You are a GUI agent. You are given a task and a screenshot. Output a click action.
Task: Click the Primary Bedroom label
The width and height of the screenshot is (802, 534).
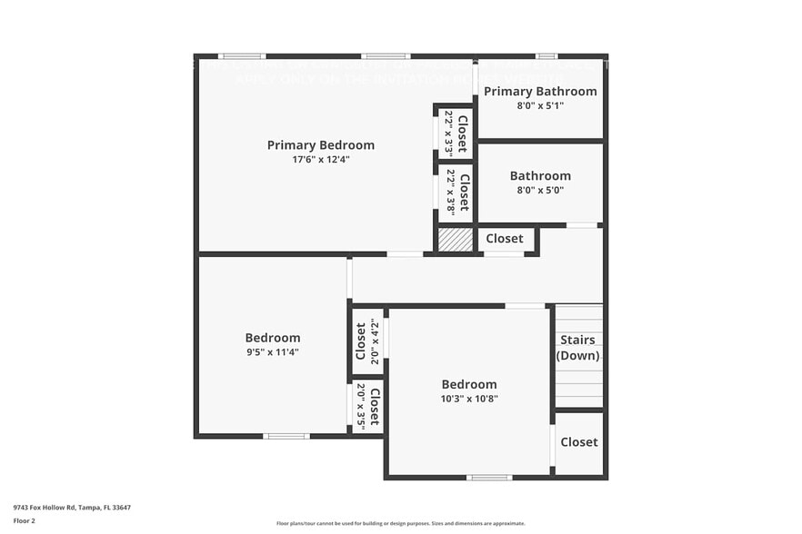tap(320, 145)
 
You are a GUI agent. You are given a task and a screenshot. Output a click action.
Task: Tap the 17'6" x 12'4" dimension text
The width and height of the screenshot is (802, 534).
tap(320, 159)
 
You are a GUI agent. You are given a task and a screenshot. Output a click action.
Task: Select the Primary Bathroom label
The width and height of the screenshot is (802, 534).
tap(540, 92)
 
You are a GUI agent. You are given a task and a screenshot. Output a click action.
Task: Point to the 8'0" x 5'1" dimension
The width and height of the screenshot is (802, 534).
tap(540, 105)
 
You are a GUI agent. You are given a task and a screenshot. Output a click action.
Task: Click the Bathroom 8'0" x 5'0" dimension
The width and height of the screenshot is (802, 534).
tap(540, 191)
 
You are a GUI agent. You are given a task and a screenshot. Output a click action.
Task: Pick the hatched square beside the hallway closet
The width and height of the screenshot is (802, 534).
tap(456, 240)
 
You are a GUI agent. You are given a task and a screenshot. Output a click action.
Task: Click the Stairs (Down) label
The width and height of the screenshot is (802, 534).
tap(577, 348)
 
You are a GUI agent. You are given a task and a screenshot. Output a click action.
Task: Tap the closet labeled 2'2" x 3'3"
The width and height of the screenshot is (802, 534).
tap(456, 133)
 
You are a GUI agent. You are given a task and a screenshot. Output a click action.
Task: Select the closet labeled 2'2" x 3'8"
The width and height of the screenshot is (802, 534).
tap(456, 192)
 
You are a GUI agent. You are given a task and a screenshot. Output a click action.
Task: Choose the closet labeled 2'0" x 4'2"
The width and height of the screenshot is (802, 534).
tap(367, 341)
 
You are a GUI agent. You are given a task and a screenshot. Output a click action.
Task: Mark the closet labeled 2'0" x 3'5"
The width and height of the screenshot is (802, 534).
tap(367, 405)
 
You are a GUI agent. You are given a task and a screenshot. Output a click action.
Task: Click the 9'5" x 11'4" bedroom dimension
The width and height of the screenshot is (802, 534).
tap(272, 352)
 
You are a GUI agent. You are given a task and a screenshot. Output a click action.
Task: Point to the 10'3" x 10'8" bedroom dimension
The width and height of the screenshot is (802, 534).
tap(469, 399)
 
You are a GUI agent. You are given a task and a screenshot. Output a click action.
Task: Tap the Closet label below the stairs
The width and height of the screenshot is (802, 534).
tap(578, 442)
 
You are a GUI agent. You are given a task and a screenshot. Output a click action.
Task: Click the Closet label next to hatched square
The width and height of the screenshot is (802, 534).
tap(504, 239)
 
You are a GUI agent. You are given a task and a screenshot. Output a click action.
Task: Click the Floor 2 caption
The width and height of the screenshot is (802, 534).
tap(24, 520)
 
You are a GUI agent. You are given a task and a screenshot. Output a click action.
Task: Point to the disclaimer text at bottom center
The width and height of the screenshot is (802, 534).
tap(401, 523)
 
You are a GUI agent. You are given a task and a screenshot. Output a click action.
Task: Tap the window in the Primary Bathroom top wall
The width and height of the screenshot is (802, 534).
tap(546, 56)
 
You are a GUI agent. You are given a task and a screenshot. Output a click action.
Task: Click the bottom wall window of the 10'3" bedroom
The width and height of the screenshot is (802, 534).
tap(489, 477)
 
